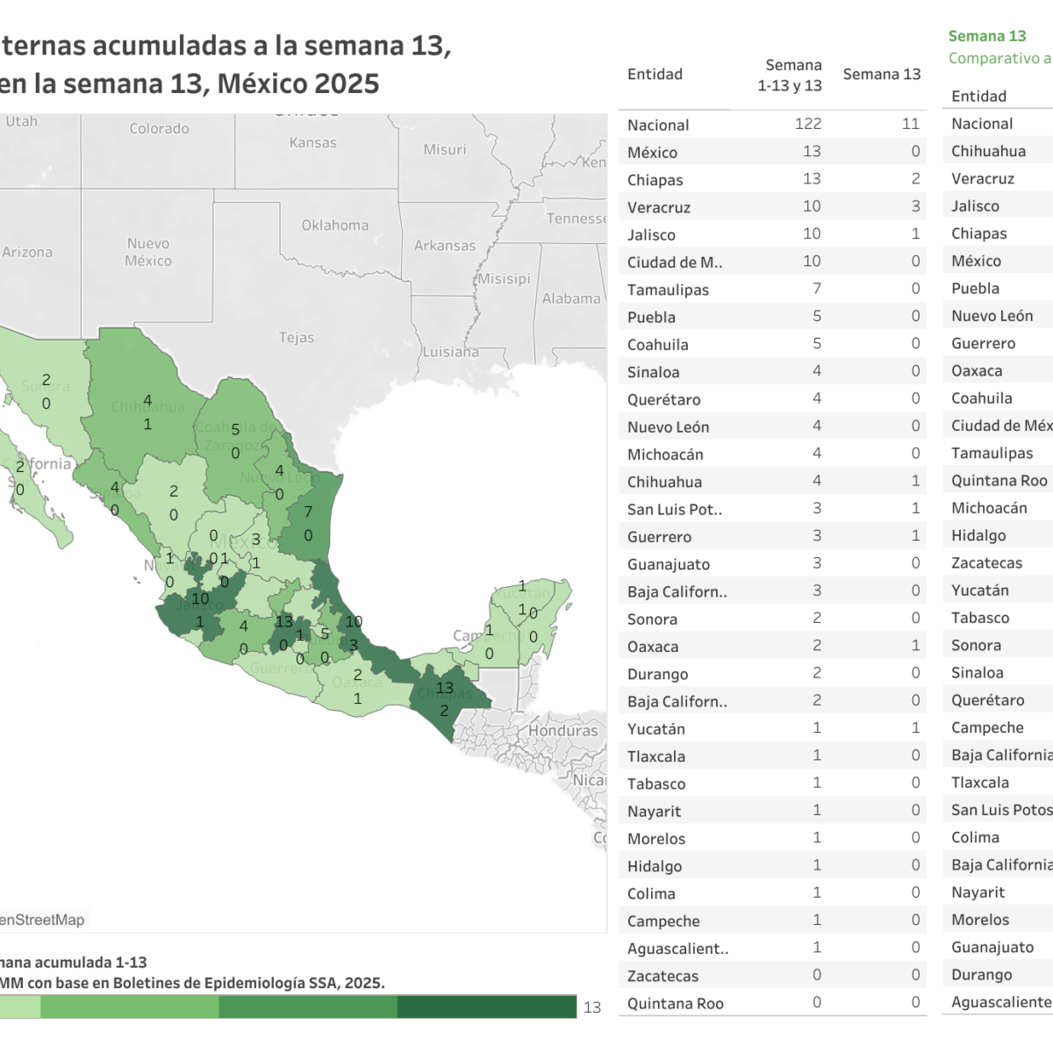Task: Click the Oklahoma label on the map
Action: click(x=335, y=226)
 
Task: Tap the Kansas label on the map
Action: click(x=313, y=143)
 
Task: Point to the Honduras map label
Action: click(x=562, y=731)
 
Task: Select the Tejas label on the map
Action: click(x=297, y=338)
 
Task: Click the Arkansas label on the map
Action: click(x=445, y=246)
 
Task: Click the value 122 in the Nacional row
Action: click(x=808, y=125)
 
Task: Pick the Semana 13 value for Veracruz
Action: click(x=915, y=207)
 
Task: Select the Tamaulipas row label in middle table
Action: click(x=668, y=290)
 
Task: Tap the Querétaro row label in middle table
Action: click(x=664, y=400)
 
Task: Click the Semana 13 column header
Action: click(x=882, y=75)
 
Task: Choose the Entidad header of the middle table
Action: click(x=655, y=75)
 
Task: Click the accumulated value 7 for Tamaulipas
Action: click(x=817, y=290)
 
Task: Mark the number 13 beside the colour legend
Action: click(x=592, y=1007)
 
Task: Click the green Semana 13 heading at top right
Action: click(x=987, y=36)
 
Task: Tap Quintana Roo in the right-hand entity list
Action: click(x=999, y=481)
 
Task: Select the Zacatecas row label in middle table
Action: click(x=663, y=977)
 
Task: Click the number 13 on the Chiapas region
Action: click(x=445, y=689)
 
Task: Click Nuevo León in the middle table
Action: click(x=668, y=427)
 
